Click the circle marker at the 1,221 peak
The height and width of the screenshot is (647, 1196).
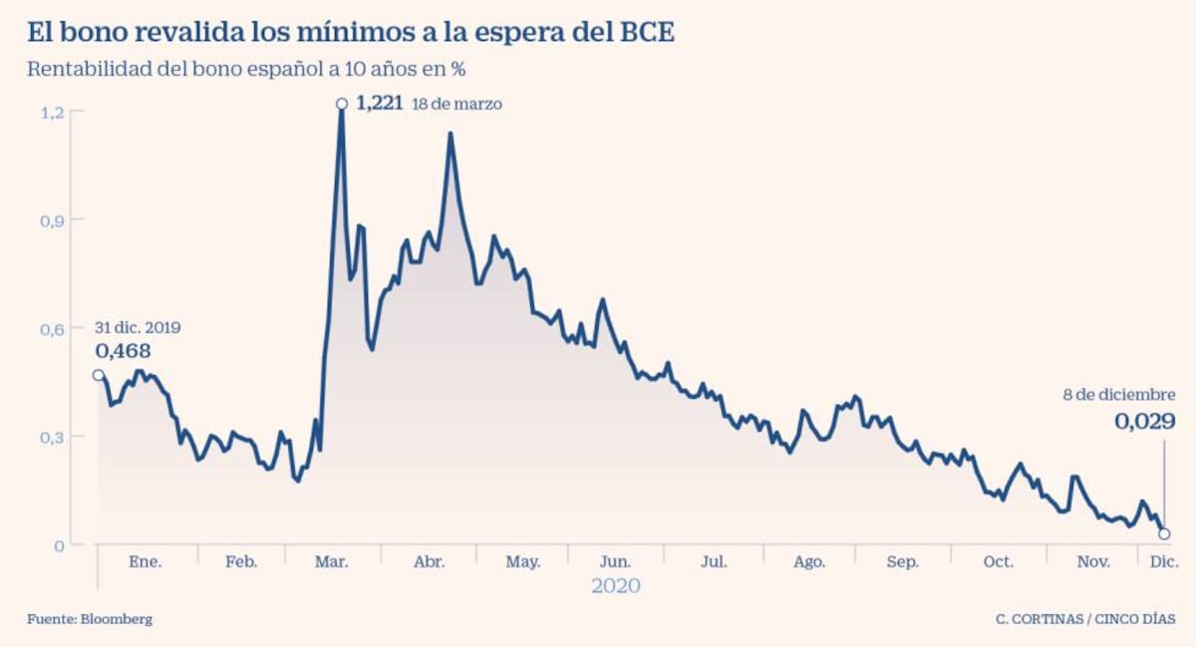pos(342,104)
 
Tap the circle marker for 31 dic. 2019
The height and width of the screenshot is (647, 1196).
pos(98,376)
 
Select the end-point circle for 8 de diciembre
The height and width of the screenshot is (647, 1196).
pos(1164,534)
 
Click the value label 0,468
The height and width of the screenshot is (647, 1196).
pos(123,351)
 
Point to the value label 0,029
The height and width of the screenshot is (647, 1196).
pos(1144,422)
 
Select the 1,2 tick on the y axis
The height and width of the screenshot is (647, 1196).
pos(52,112)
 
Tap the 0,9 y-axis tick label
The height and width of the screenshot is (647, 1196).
pos(52,219)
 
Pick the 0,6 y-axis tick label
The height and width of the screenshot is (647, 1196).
pos(52,328)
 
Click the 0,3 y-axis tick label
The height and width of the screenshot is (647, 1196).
pos(52,437)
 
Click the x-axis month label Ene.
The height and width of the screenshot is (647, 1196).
pos(146,562)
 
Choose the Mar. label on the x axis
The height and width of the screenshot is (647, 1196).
pos(332,562)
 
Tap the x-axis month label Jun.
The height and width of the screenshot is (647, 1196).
pos(615,562)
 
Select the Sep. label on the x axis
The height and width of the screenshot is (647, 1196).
pos(903,562)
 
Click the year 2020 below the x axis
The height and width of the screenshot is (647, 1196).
pos(616,586)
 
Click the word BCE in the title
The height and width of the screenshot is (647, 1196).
pos(644,32)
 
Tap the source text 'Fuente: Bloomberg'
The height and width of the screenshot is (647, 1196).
pos(90,619)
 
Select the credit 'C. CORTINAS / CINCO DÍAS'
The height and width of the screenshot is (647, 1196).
pos(1085,619)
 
